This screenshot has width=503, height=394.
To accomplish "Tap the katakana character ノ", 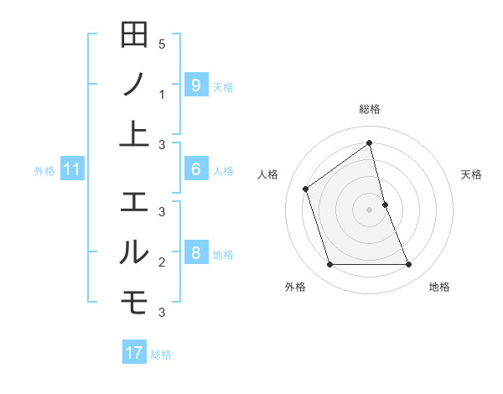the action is [x=134, y=86].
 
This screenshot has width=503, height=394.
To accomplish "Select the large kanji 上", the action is [x=134, y=135].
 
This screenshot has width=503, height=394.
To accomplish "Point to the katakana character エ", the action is [x=134, y=202].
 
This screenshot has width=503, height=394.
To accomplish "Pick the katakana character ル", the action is [x=134, y=251].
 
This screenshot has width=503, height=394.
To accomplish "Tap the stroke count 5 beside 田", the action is [x=162, y=44].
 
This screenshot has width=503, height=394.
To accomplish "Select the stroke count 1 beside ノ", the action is [x=162, y=95].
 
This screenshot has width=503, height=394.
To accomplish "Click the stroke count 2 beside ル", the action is [x=162, y=262].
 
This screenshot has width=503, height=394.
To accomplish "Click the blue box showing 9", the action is [x=195, y=85].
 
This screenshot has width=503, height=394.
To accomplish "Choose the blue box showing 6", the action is [x=195, y=169].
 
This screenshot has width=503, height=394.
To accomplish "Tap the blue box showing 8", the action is [x=195, y=252].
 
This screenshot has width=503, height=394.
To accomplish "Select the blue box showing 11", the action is [x=72, y=170].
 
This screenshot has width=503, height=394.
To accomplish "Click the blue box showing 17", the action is [x=134, y=353].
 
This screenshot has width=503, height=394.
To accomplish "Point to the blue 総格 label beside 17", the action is [x=161, y=355].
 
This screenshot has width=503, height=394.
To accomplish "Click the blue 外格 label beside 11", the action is [x=44, y=171].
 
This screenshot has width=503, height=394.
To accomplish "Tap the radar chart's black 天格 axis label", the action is [x=471, y=174].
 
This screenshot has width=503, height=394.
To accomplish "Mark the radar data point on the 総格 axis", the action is [x=369, y=143].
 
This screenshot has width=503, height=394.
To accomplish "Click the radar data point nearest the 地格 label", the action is [x=409, y=265].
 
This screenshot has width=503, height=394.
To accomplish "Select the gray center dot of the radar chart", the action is [x=369, y=209].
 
